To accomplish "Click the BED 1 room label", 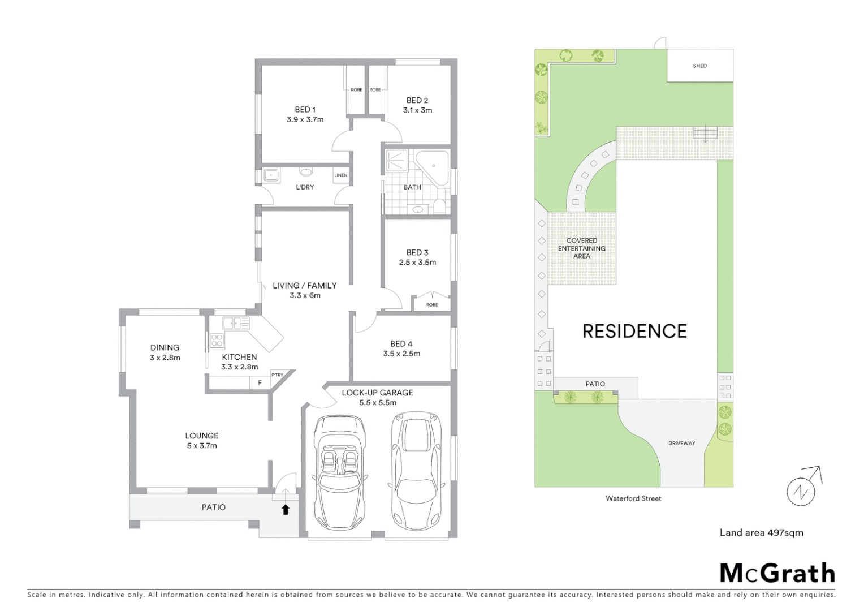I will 305,110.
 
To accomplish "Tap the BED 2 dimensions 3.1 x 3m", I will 417,110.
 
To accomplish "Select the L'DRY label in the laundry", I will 305,187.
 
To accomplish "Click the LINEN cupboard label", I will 340,175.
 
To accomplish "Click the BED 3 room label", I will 417,252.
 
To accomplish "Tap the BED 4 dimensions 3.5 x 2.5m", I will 401,354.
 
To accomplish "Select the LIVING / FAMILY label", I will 305,286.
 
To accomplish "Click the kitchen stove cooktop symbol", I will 217,340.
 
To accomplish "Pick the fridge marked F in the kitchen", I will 260,383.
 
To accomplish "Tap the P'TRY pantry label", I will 278,375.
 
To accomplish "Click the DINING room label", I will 165,347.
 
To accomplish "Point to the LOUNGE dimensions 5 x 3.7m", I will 202,446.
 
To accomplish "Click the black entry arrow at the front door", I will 286,510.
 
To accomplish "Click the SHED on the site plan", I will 699,66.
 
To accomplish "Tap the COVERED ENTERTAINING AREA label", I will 581,248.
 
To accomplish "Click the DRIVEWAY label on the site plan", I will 681,444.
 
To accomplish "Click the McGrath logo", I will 777,573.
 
